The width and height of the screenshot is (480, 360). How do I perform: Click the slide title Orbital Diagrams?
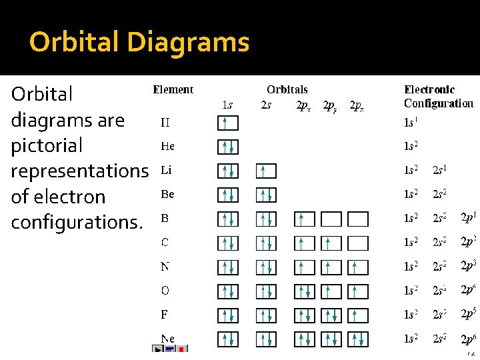pyautogui.click(x=139, y=43)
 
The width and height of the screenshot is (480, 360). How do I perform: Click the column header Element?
pyautogui.click(x=173, y=89)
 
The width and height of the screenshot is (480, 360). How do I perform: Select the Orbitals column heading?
pyautogui.click(x=287, y=89)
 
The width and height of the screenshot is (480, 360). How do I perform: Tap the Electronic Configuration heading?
pyautogui.click(x=438, y=96)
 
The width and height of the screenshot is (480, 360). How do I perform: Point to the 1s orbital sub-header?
pyautogui.click(x=227, y=105)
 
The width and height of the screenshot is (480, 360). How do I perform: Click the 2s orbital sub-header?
pyautogui.click(x=265, y=105)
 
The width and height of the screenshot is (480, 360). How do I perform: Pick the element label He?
pyautogui.click(x=167, y=146)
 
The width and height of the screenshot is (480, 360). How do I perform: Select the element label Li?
pyautogui.click(x=166, y=171)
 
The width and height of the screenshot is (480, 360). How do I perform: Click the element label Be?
pyautogui.click(x=167, y=195)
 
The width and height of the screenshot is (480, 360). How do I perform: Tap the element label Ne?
pyautogui.click(x=167, y=339)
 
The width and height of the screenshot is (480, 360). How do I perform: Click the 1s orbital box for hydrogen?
pyautogui.click(x=227, y=123)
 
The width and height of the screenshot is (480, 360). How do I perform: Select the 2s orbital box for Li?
pyautogui.click(x=265, y=171)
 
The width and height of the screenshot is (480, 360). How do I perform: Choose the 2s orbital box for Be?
pyautogui.click(x=265, y=195)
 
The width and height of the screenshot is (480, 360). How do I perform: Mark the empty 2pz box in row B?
pyautogui.click(x=358, y=219)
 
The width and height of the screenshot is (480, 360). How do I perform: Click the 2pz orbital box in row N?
pyautogui.click(x=358, y=267)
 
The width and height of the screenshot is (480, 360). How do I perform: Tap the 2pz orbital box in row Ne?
pyautogui.click(x=358, y=339)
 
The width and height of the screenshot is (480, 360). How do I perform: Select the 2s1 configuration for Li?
pyautogui.click(x=439, y=171)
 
